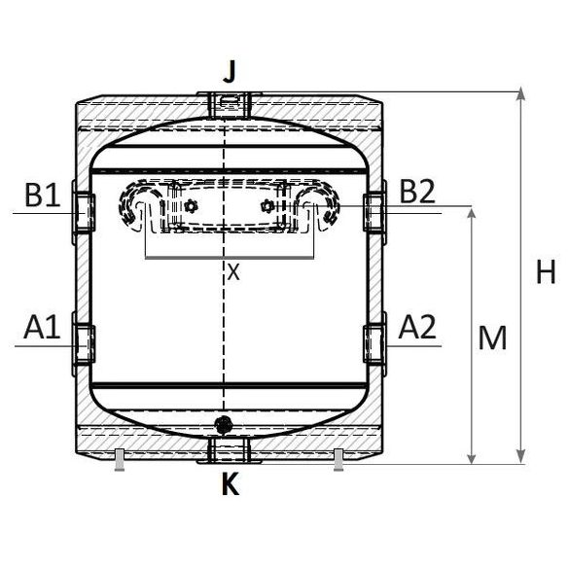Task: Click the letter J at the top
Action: pos(230,72)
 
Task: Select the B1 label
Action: pos(42,196)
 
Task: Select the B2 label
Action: pos(416,193)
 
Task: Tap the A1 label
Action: pos(42,329)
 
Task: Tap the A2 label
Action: pos(416,329)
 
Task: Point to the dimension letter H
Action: pos(546,273)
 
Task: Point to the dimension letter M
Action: pos(494,338)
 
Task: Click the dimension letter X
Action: pos(233,272)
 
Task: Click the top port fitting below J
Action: pos(227,100)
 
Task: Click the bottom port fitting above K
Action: pos(227,448)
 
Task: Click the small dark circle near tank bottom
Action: pos(226,424)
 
